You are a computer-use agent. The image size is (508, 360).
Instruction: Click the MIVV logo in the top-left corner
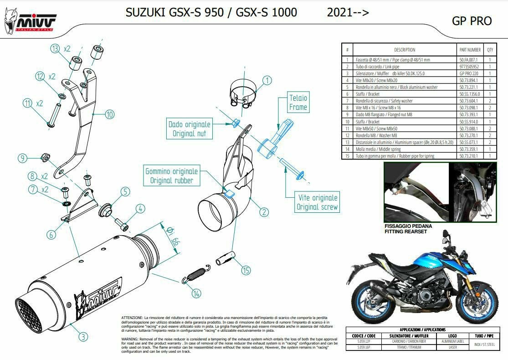pyautogui.click(x=30, y=21)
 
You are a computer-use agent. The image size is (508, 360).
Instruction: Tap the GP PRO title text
pyautogui.click(x=472, y=21)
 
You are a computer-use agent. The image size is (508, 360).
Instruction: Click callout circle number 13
pyautogui.click(x=55, y=49)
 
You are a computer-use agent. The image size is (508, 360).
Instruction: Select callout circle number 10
pyautogui.click(x=109, y=114)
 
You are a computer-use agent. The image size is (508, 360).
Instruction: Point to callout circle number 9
pyautogui.click(x=23, y=158)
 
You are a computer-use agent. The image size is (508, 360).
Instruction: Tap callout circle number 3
pyautogui.click(x=82, y=337)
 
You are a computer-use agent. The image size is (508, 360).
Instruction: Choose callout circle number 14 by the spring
pyautogui.click(x=196, y=293)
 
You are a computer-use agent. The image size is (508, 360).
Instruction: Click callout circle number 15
pyautogui.click(x=246, y=271)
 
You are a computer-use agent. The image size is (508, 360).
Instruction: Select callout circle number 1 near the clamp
pyautogui.click(x=267, y=80)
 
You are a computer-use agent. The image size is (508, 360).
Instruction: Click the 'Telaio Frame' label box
pyautogui.click(x=298, y=103)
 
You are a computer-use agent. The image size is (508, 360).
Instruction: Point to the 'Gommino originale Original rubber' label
pyautogui.click(x=172, y=176)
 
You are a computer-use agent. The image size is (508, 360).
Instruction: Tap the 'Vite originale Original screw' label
pyautogui.click(x=318, y=202)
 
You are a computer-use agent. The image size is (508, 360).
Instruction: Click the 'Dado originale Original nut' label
pyautogui.click(x=190, y=129)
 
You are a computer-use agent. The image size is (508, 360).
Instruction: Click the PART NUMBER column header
pyautogui.click(x=470, y=50)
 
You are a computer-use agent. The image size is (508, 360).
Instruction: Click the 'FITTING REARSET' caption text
pyautogui.click(x=406, y=231)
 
